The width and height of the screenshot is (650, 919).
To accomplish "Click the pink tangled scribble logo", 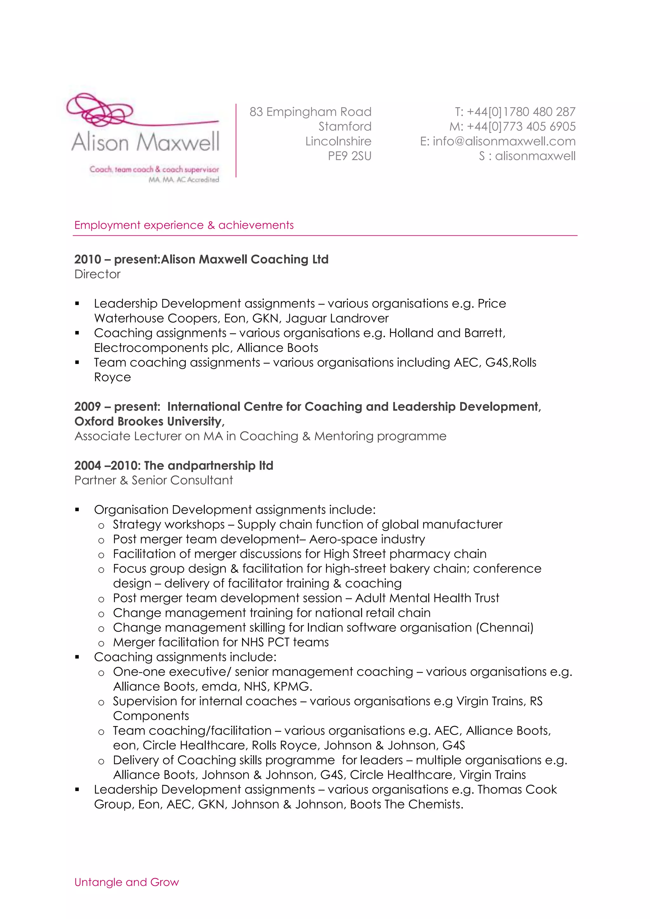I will coord(100,109).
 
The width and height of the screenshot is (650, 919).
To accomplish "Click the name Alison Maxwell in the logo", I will coord(146,142).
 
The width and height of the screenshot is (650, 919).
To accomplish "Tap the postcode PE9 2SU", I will coord(349,156).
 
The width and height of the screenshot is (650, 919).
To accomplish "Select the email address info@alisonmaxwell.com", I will coord(504,141).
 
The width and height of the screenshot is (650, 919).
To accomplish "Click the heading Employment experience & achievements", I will coord(184,225).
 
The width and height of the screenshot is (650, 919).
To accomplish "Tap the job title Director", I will coord(97,274).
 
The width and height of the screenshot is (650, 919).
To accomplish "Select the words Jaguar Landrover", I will coord(337,318).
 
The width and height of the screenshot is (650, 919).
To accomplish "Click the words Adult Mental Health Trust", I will coord(427,598).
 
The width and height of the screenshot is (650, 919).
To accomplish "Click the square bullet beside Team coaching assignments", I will coord(77,363).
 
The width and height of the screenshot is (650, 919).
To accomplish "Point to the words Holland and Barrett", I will coord(446,333).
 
